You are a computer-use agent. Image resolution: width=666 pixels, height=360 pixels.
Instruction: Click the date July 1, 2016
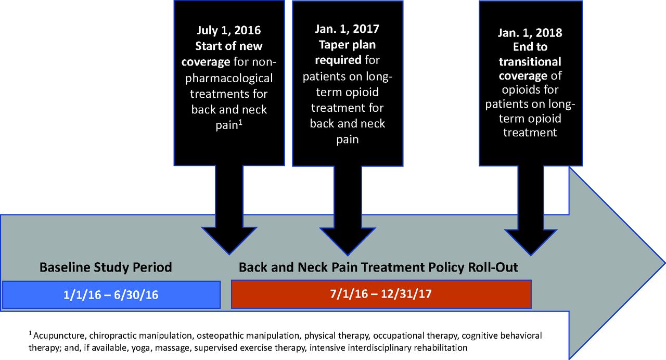pos(228,30)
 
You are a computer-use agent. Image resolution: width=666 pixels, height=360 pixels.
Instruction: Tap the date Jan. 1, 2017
pos(347,29)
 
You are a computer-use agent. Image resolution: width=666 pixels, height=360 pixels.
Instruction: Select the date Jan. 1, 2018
pos(530,33)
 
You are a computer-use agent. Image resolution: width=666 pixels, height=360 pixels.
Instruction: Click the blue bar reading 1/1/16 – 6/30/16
pos(111,294)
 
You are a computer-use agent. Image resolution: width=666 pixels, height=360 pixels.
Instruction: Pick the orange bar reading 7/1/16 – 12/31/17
pos(381,294)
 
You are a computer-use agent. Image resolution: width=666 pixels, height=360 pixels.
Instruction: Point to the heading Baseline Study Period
pos(106,267)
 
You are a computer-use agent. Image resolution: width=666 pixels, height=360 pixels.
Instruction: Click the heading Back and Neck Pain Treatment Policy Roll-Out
pos(378,267)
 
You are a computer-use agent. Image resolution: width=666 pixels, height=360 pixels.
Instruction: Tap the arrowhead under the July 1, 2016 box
pos(229,241)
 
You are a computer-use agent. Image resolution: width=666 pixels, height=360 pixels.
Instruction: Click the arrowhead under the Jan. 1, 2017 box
pos(348,241)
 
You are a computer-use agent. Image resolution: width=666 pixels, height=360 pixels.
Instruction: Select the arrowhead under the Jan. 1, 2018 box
pos(531,242)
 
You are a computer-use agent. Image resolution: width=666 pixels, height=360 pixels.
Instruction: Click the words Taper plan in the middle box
pos(347,45)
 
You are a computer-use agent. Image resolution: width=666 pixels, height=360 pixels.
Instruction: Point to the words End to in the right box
pos(530,47)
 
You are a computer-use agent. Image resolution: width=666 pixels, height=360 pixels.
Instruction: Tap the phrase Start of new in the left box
pos(228,46)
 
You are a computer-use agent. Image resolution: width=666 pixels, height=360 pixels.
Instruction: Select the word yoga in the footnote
pos(140,348)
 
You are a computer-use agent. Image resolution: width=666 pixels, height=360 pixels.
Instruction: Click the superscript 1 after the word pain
pos(240,122)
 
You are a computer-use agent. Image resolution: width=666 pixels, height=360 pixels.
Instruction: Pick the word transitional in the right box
pos(530,61)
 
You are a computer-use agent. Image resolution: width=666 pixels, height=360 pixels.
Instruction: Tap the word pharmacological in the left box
pos(229,79)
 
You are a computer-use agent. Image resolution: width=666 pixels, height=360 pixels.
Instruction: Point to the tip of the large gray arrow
pos(665,263)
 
